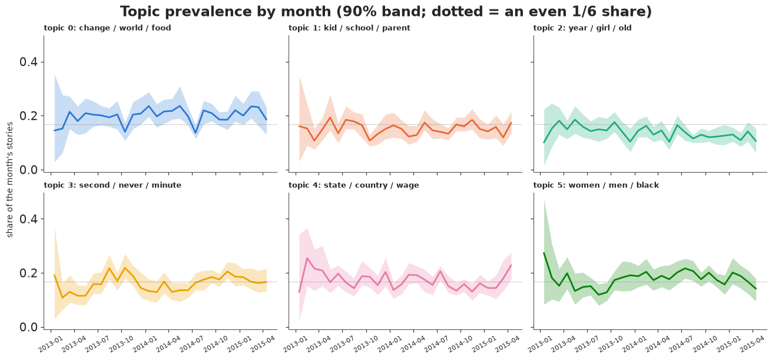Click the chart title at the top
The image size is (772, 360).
(x=386, y=12)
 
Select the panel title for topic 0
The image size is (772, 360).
(x=107, y=28)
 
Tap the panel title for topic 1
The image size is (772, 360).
(x=349, y=28)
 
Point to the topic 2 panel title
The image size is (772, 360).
(x=582, y=28)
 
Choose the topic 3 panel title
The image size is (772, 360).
(x=112, y=185)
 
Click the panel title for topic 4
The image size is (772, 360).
(x=353, y=185)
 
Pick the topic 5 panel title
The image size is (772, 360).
(x=597, y=185)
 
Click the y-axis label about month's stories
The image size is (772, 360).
(x=9, y=180)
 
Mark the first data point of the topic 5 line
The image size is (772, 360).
(x=544, y=253)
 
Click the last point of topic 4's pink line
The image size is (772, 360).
(x=511, y=265)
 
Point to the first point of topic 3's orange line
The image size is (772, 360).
(x=54, y=275)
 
